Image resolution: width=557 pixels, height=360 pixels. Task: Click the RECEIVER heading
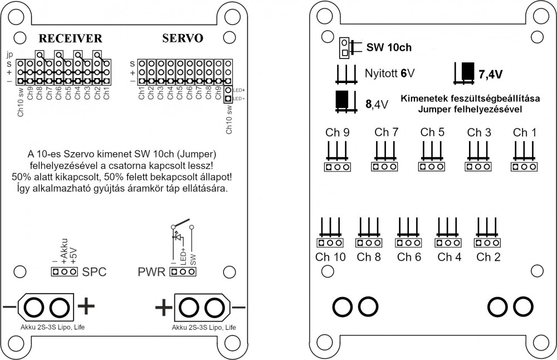70,38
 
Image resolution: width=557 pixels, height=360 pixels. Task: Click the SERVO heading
182,38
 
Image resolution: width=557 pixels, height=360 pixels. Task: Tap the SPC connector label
94,273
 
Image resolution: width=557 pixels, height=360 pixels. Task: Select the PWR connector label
152,273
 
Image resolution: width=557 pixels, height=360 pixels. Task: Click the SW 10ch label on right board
389,47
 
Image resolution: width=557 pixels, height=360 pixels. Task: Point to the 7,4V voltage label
490,74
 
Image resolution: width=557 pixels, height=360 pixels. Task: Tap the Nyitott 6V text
390,74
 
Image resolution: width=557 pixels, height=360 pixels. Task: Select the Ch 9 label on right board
338,133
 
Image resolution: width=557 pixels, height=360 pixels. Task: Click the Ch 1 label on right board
525,133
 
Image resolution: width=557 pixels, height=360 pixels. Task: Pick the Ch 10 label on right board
330,257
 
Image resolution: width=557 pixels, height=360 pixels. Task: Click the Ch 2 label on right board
488,257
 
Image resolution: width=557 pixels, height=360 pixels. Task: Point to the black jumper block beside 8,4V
342,99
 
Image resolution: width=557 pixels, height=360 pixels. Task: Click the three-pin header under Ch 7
386,167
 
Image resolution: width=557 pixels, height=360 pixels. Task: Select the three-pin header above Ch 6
408,243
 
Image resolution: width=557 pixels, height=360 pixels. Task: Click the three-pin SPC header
64,272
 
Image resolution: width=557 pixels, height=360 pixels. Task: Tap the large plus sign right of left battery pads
86,305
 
